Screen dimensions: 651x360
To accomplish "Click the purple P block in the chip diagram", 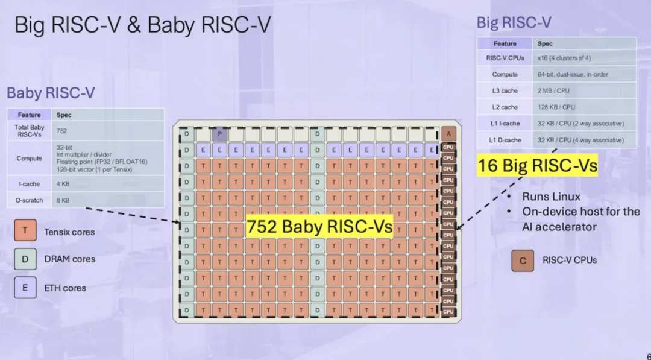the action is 219,134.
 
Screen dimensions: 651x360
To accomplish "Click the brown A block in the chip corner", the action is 448,134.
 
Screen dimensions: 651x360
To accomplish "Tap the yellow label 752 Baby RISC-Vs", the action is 319,226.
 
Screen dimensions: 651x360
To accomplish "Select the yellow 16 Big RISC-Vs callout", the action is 538,165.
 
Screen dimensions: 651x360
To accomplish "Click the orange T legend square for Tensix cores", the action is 25,230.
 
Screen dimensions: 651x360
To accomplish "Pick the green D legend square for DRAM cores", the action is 25,259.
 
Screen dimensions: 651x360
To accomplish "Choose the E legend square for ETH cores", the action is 25,288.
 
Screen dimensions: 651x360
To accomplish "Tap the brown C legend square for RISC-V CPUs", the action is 523,261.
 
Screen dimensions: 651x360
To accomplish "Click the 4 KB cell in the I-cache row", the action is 107,184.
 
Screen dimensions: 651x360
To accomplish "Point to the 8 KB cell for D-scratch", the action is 107,200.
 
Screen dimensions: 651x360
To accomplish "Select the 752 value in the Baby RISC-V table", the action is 107,131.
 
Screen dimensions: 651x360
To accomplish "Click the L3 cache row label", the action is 505,90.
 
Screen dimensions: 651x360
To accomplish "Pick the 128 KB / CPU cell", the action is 584,107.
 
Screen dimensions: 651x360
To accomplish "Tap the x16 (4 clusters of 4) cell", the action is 584,58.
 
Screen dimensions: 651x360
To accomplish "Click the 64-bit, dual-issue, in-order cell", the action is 584,74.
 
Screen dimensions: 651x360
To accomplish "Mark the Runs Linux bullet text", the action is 551,197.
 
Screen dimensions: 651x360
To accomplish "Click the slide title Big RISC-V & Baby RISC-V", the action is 143,25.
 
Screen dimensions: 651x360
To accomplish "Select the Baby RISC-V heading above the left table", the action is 51,93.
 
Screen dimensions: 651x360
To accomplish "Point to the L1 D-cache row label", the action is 505,140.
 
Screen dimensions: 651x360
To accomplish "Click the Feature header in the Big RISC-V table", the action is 505,43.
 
